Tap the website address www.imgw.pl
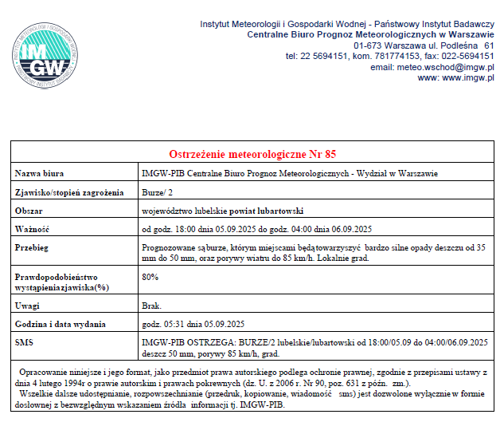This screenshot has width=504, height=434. coord(468,78)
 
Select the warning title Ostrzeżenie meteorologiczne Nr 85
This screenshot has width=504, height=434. coord(252,154)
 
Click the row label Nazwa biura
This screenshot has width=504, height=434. coord(40,173)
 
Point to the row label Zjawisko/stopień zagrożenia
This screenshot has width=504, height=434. coord(69,192)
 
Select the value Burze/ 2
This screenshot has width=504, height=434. coord(157,192)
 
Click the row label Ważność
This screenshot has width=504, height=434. coord(33,229)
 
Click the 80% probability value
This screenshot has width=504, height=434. coord(149,277)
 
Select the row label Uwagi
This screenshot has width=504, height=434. coord(29,306)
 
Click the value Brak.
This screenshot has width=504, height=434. coord(151,306)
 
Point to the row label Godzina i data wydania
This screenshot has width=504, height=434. coord(63,324)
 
